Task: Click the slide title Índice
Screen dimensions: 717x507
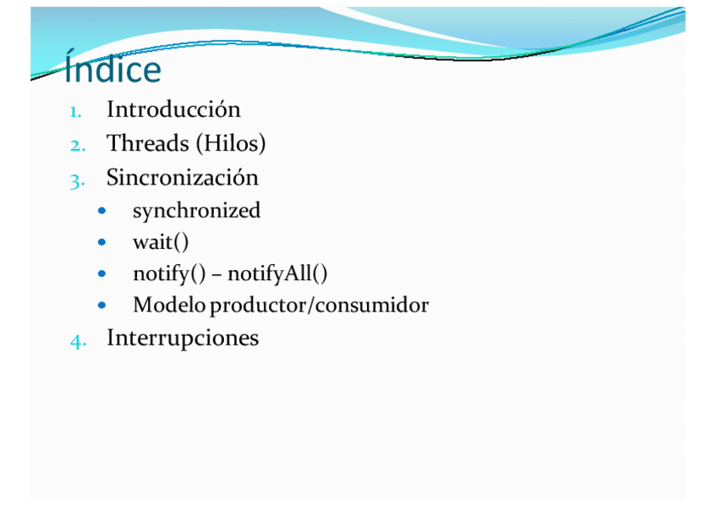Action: tap(113, 66)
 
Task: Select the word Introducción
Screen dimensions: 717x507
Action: tap(174, 109)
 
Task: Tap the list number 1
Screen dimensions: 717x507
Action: tap(76, 112)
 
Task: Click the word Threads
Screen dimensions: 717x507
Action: tap(148, 143)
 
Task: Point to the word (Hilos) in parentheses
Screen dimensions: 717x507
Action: tap(231, 144)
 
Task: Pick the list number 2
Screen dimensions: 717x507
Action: tap(78, 146)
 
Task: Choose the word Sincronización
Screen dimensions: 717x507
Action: tap(183, 177)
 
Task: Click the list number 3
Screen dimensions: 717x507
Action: tap(77, 181)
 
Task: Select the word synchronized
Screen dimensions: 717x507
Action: tap(197, 211)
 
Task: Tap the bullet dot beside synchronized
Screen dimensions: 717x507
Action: tap(102, 211)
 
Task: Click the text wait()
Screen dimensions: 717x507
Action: tap(161, 243)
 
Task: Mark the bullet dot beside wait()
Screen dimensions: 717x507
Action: tap(102, 242)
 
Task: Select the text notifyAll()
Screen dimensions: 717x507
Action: tap(277, 274)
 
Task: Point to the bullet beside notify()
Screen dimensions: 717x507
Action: tap(102, 273)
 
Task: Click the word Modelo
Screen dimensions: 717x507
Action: tap(169, 305)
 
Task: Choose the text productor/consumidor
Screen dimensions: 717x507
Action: tap(320, 306)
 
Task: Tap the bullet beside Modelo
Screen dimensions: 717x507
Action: tap(102, 305)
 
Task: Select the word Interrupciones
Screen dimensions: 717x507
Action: tap(183, 339)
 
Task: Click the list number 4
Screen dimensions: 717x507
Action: tap(78, 341)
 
